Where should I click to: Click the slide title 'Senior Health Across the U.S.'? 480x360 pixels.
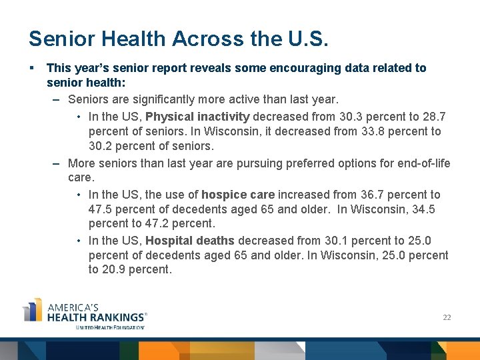point(179,39)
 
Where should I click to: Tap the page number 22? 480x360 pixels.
point(447,317)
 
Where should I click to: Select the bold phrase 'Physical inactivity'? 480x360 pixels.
point(197,117)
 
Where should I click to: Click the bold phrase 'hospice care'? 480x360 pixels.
point(238,195)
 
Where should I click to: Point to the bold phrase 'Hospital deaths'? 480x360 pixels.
point(190,241)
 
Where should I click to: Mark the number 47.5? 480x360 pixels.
point(100,209)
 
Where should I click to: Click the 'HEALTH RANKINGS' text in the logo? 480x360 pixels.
point(95,317)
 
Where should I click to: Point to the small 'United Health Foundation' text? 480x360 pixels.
point(109,327)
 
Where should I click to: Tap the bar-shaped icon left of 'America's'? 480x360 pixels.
point(33,311)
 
